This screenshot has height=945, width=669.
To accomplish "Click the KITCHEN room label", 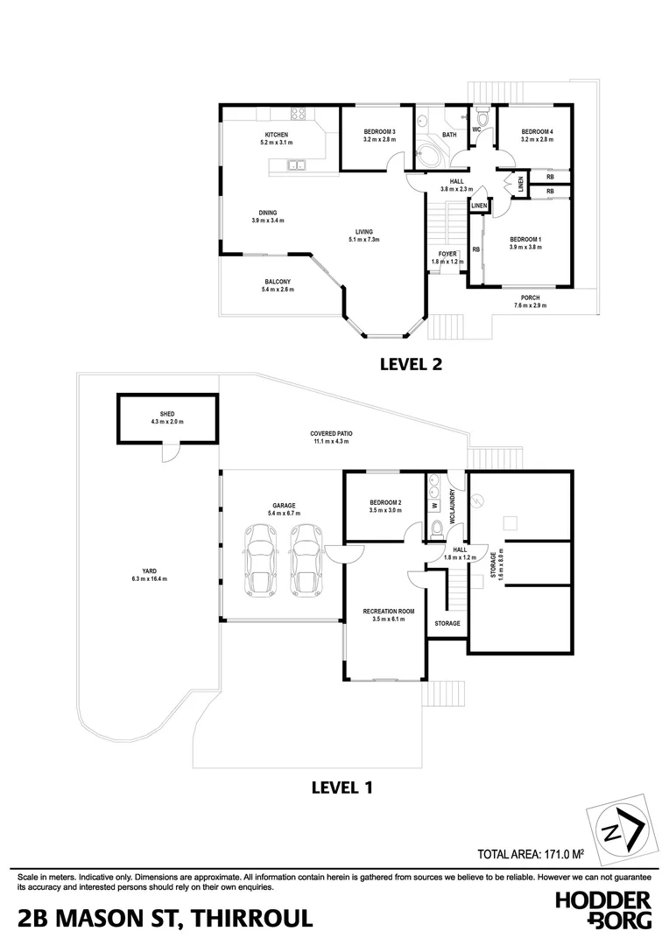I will [278, 135].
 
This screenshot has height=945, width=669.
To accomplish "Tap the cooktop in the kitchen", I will [298, 113].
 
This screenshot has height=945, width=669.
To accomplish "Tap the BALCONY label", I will [278, 282].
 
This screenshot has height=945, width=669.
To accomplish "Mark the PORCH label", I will [529, 297].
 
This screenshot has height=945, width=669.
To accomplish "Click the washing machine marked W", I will [433, 505].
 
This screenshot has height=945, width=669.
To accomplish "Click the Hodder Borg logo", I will [603, 909].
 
